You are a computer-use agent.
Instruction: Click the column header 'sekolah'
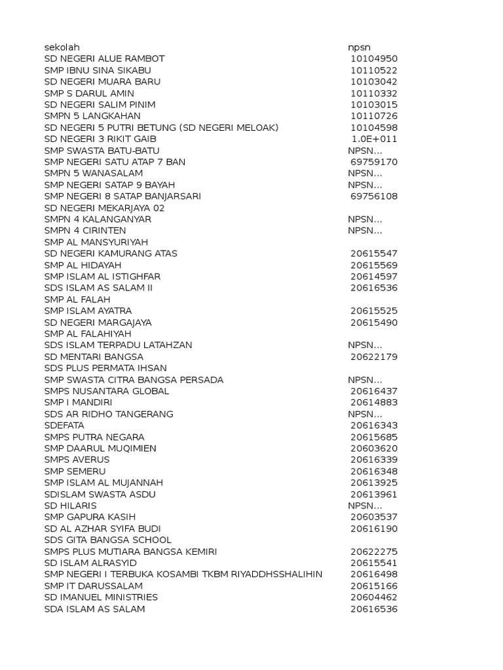point(62,47)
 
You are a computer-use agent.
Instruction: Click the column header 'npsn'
point(360,47)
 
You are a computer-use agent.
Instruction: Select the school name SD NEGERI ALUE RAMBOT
point(105,59)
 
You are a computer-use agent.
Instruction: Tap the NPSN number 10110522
point(373,70)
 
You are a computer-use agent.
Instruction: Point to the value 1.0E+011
point(374,139)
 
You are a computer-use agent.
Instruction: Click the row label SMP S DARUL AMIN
point(89,93)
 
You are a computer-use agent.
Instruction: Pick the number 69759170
point(373,162)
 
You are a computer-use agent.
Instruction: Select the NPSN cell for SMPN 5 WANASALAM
point(365,173)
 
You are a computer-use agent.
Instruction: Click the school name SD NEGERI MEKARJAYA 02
point(104,207)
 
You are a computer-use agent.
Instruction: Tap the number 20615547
point(373,253)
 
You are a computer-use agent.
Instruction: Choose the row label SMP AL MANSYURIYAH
point(96,242)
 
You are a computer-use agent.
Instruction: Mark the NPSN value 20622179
point(373,357)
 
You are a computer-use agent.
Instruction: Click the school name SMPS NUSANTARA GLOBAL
point(107,391)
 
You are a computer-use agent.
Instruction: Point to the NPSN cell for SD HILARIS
point(365,506)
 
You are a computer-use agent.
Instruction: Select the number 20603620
point(373,448)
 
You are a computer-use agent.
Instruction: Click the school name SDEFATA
point(64,425)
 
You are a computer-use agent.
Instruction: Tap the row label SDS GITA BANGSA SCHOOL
point(108,540)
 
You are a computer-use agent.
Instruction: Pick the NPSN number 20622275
point(373,552)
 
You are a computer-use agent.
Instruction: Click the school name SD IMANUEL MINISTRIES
point(101,597)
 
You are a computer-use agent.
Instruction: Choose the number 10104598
point(373,128)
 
